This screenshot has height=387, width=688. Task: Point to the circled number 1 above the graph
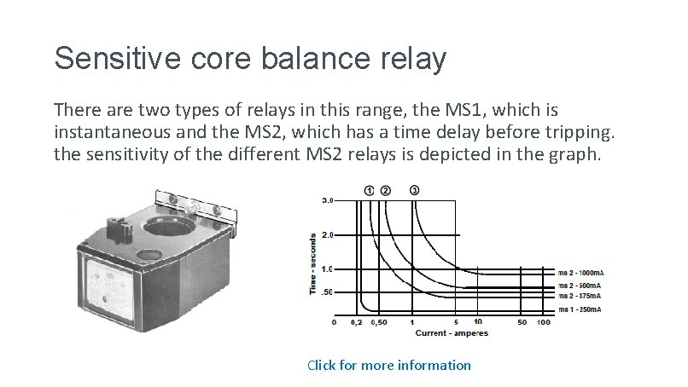tap(369, 190)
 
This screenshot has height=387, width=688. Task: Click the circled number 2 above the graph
tap(385, 190)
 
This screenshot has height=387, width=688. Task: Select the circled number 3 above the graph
tap(415, 190)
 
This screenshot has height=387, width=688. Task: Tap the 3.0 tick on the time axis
tap(328, 200)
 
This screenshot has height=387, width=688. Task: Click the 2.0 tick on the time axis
tap(328, 234)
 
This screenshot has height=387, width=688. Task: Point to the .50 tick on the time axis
tap(327, 292)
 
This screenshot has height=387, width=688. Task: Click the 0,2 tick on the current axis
tap(357, 323)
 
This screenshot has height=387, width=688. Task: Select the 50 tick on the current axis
tap(521, 323)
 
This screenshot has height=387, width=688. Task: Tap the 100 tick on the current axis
tap(543, 323)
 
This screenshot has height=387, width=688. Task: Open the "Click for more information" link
tap(388, 365)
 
